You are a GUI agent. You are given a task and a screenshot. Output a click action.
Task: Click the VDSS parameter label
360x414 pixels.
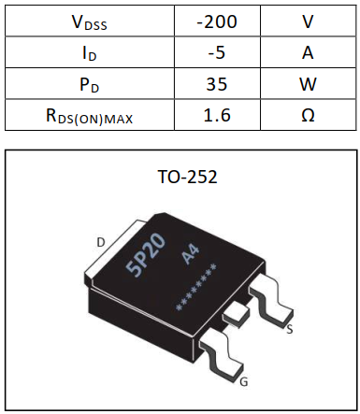[89, 21]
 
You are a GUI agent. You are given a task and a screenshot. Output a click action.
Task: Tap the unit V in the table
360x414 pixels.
[308, 21]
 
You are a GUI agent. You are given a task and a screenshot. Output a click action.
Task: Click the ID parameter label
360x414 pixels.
[89, 52]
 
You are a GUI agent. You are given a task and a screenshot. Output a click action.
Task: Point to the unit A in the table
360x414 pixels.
[308, 52]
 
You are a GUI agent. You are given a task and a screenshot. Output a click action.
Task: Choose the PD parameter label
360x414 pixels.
[89, 84]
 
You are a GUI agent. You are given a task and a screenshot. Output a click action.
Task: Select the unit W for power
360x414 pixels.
[308, 84]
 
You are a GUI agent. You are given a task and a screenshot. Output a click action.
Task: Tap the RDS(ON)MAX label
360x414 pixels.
[89, 116]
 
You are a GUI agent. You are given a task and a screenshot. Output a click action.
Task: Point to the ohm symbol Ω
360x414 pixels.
[308, 116]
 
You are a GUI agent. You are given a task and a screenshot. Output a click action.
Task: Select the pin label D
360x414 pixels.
[100, 242]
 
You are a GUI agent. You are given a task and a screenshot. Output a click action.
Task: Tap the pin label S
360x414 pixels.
[290, 329]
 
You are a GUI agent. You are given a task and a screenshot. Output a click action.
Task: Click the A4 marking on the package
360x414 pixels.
[192, 254]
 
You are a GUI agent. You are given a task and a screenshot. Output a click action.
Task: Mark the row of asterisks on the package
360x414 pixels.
[197, 289]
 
